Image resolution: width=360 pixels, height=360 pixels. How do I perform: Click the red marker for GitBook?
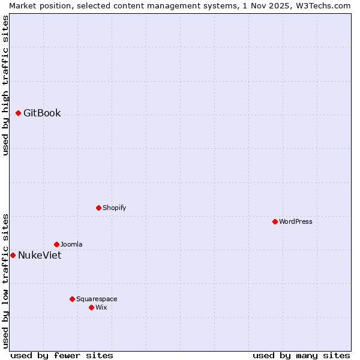point(18,113)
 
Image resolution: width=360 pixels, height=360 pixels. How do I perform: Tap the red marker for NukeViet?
point(13,255)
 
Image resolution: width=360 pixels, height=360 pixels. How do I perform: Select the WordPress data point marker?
point(275,221)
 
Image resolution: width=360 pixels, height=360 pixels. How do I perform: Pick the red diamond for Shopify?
point(98,208)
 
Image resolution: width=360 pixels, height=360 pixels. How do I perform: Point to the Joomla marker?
point(56,244)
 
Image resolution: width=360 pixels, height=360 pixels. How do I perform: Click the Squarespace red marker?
point(72,299)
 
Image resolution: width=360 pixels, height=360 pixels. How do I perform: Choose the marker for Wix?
point(91,307)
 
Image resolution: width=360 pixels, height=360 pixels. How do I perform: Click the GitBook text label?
point(42,113)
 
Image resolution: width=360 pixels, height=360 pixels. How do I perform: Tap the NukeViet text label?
point(40,256)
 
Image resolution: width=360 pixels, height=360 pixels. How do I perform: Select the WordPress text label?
point(296,222)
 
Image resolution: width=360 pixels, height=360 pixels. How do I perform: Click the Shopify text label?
point(114,208)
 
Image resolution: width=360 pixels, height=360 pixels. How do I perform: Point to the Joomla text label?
point(71,245)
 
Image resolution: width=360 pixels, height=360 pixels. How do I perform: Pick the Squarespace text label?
point(97,299)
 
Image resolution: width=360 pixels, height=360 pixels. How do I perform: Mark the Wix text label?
point(101,308)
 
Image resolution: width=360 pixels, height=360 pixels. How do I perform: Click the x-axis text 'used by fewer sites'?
point(62,355)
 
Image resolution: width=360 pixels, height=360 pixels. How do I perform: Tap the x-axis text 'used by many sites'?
point(301,355)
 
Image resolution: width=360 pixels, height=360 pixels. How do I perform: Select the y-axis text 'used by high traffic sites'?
point(5,85)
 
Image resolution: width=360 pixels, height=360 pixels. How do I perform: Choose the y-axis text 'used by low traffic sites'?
point(5,280)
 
